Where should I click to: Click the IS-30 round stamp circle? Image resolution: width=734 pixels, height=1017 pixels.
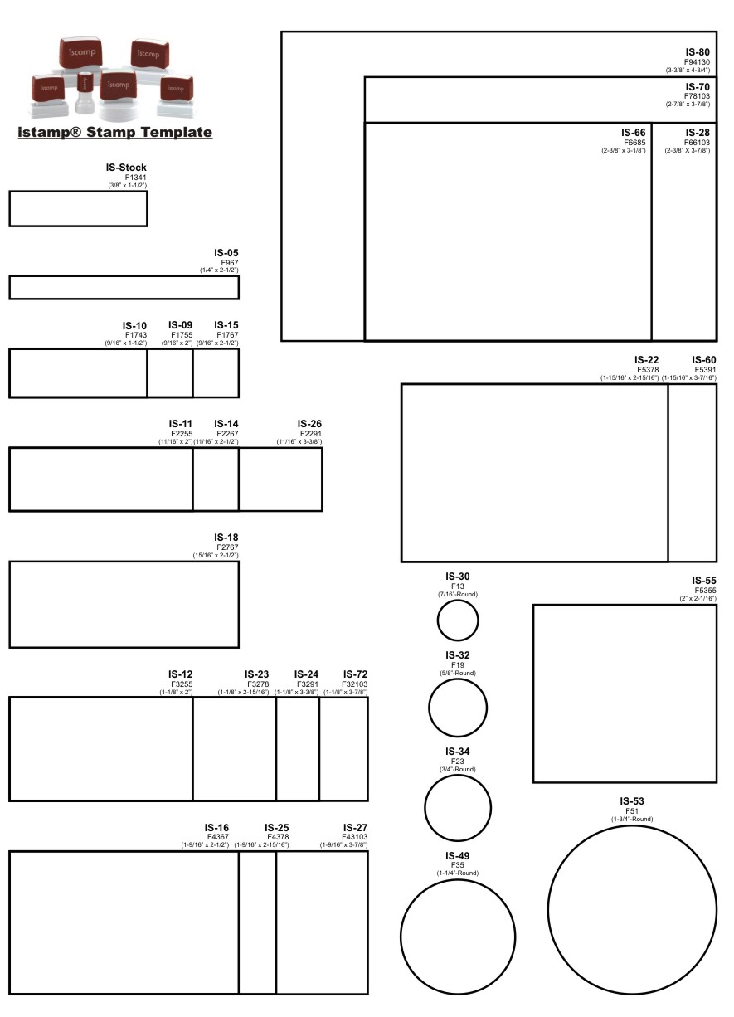(x=438, y=620)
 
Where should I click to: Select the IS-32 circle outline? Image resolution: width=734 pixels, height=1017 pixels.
(x=429, y=708)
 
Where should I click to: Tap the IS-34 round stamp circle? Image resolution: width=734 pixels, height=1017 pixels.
(x=425, y=808)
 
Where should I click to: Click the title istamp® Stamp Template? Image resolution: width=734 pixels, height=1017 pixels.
(x=114, y=132)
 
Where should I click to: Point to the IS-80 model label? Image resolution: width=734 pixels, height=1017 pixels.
(x=698, y=52)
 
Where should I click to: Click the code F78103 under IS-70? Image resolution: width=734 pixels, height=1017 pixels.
(x=697, y=96)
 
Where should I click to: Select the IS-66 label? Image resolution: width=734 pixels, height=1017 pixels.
(x=633, y=133)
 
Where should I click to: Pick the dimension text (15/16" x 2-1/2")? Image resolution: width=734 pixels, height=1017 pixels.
(x=216, y=555)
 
